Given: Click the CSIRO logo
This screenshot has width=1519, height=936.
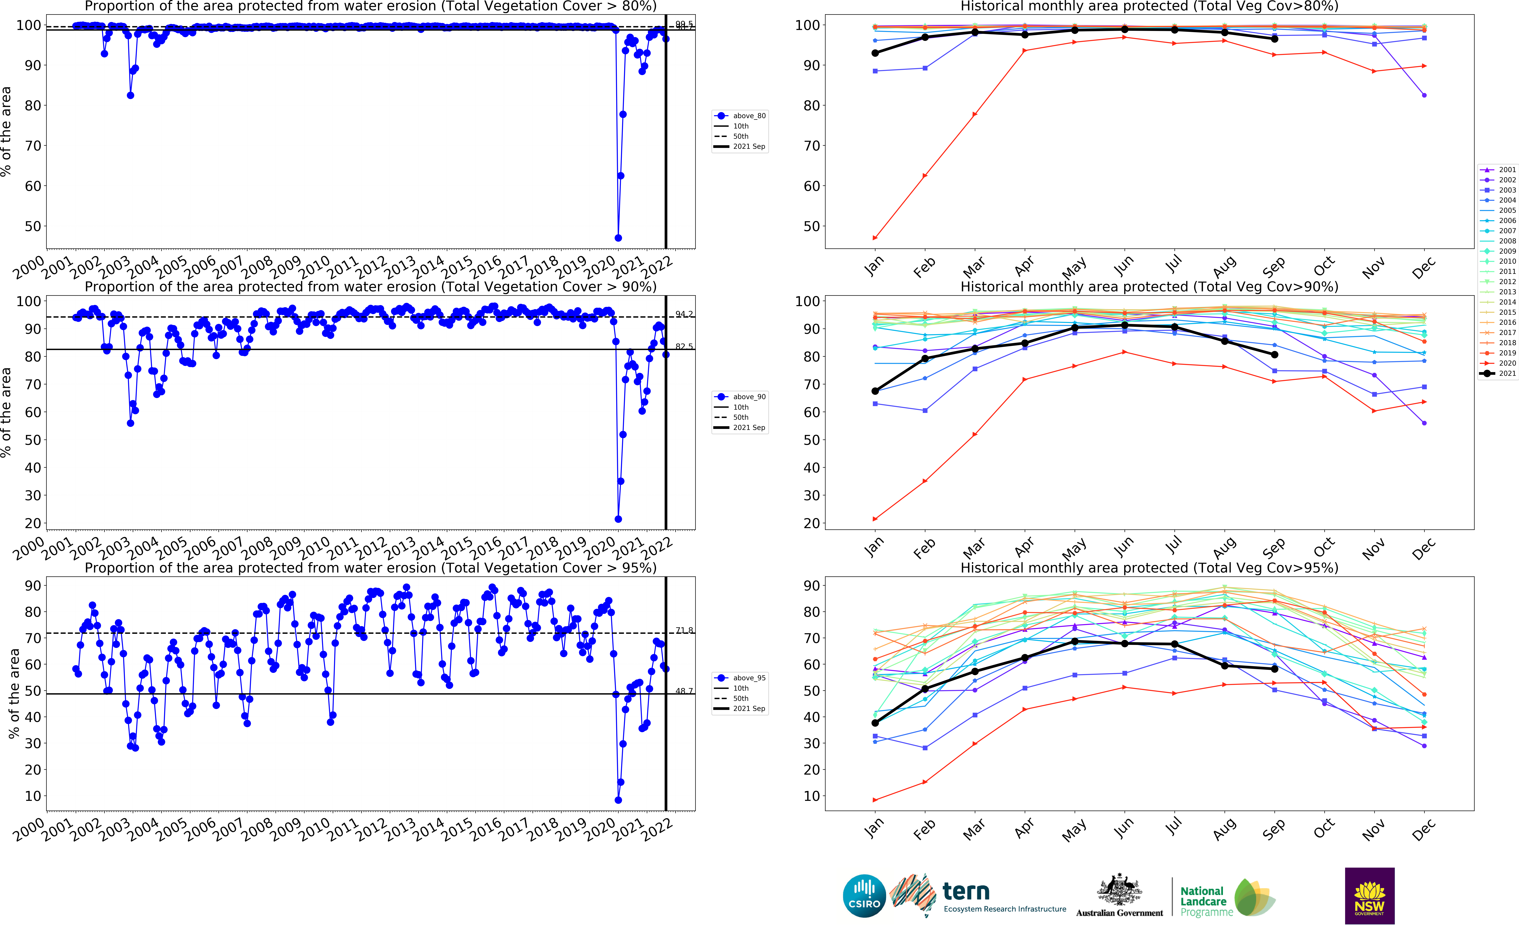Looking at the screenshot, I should pyautogui.click(x=864, y=896).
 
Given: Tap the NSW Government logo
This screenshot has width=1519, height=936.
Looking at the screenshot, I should pyautogui.click(x=1369, y=896).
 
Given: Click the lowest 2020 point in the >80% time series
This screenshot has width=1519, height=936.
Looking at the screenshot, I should pyautogui.click(x=618, y=238).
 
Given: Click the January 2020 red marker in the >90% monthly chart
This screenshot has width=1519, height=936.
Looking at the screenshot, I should pyautogui.click(x=875, y=519).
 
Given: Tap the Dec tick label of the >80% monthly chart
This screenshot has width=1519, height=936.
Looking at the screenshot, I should pyautogui.click(x=1423, y=267).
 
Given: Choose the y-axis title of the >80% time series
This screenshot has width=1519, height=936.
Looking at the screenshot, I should pyautogui.click(x=6, y=131).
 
